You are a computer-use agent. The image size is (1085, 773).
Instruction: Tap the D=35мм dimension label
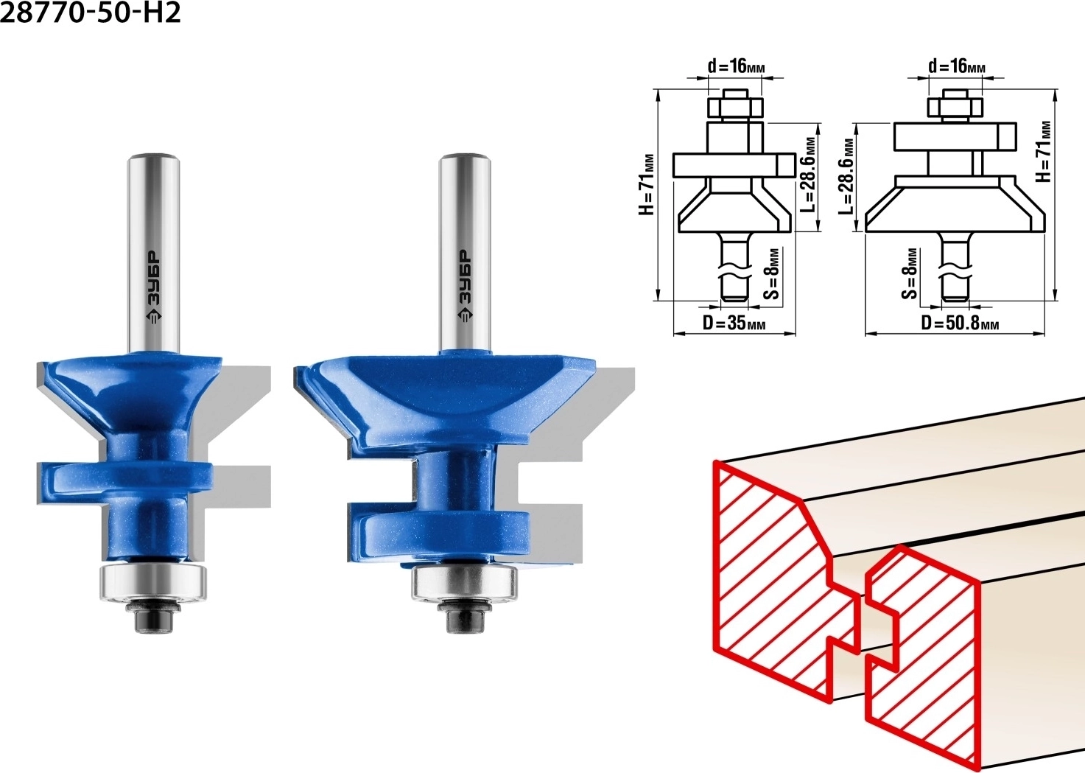point(734,323)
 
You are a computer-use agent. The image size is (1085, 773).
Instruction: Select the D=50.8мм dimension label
point(960,323)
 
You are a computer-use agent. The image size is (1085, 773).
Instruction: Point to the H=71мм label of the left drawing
point(647,185)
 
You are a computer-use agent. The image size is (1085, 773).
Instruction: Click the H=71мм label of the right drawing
point(1044,152)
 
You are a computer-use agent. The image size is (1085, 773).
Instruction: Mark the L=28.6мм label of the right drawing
point(847,176)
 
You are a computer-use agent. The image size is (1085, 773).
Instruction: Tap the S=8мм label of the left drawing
point(773,274)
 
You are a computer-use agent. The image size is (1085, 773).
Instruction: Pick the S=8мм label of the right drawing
point(910,274)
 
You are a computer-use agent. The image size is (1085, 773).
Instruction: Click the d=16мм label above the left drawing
point(737,66)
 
